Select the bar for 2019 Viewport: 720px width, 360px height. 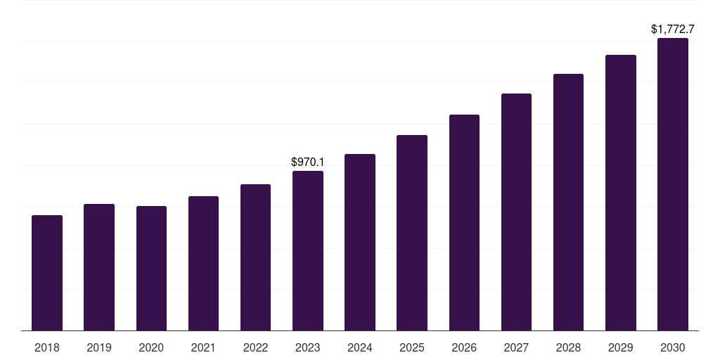[x=99, y=267]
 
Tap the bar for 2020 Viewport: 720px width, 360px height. [x=151, y=268]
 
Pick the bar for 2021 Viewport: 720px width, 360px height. [x=203, y=263]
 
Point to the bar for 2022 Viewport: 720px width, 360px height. [x=255, y=257]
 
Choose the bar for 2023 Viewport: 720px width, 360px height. [x=308, y=250]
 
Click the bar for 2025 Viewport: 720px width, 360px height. [x=412, y=233]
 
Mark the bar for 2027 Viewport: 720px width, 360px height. [x=516, y=212]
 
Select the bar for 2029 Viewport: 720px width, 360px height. [x=621, y=193]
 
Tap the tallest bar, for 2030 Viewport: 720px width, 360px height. [x=673, y=184]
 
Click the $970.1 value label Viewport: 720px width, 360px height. [x=308, y=162]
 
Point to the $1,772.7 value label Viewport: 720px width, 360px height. [x=673, y=30]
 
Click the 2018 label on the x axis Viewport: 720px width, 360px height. [x=47, y=347]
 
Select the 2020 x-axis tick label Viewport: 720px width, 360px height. [x=151, y=347]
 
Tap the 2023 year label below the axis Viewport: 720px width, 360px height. [x=308, y=347]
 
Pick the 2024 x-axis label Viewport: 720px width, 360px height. [x=360, y=347]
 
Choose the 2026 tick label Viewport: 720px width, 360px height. [x=464, y=347]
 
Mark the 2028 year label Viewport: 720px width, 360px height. [x=568, y=347]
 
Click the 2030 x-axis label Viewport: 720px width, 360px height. [x=673, y=347]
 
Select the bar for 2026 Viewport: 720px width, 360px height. [x=464, y=222]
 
